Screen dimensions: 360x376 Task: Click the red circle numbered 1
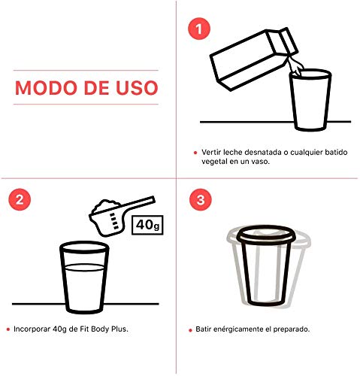pos(199,29)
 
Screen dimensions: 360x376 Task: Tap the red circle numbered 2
pos(20,199)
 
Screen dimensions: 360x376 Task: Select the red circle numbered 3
pos(201,200)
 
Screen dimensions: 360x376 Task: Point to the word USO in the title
pos(137,88)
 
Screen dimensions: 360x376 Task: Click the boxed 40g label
pos(147,225)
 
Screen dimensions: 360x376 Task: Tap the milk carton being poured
pos(253,59)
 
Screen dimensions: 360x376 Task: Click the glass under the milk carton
pos(310,100)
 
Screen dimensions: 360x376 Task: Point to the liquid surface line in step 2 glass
pos(84,267)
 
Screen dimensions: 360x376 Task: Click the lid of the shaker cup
pos(266,235)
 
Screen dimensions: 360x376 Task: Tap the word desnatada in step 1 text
pos(263,152)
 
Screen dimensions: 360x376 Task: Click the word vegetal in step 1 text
pos(214,162)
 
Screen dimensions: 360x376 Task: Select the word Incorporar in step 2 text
pos(32,329)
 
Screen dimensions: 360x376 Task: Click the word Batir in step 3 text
pos(203,329)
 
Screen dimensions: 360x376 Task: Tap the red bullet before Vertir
pos(195,153)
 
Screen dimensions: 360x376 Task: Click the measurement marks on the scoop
pos(114,221)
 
